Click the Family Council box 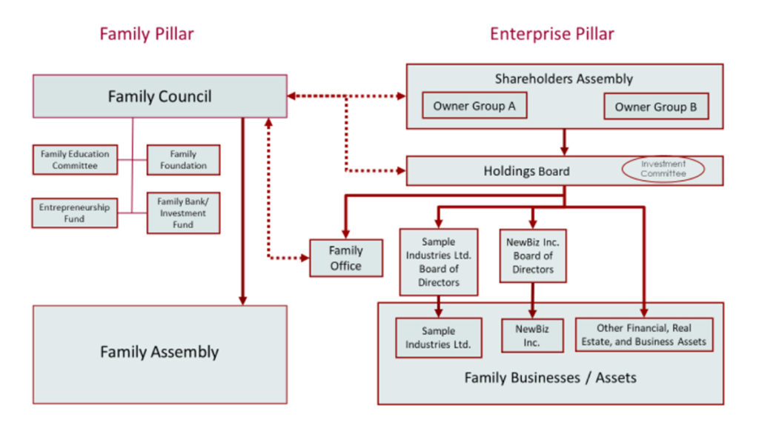tap(159, 96)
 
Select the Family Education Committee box tap(75, 160)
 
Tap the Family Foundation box tap(183, 160)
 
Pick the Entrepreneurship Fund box tap(74, 213)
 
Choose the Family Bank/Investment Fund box tap(183, 213)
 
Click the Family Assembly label tap(159, 352)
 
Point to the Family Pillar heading tap(147, 33)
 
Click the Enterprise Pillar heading tap(551, 33)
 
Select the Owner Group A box tap(474, 106)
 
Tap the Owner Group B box tap(655, 107)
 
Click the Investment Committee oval tap(663, 169)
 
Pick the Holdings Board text tap(526, 171)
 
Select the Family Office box tap(345, 258)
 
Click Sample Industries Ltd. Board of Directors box tap(438, 261)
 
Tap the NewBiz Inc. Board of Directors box tap(533, 256)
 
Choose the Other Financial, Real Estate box tap(643, 335)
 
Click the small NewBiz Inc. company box tap(531, 335)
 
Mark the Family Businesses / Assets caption tap(550, 378)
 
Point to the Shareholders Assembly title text tap(563, 79)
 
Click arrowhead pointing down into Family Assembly tap(242, 299)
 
